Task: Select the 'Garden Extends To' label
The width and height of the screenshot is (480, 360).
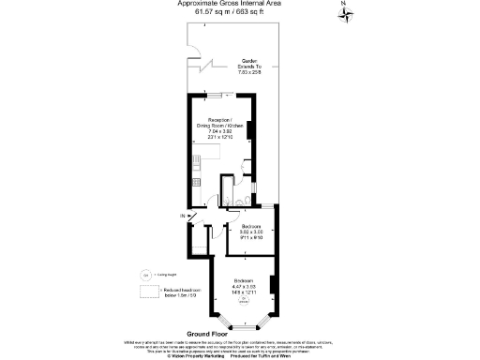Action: [249, 63]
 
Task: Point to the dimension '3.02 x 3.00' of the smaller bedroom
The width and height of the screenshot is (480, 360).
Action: [251, 232]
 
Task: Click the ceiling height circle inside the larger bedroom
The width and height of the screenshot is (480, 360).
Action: [244, 300]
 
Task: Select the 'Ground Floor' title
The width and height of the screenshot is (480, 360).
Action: [208, 334]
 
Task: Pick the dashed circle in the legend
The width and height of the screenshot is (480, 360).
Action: [146, 274]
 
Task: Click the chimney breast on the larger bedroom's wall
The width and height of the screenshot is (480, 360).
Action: [273, 283]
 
